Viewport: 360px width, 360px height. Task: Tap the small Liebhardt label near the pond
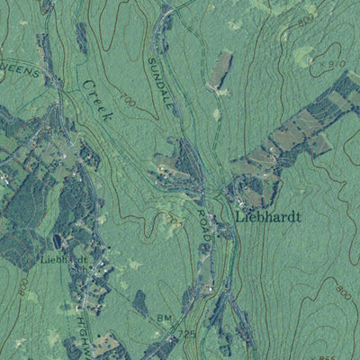tap(66, 261)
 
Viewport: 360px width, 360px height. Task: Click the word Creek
tap(98, 98)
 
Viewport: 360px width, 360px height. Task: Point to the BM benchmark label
tap(163, 318)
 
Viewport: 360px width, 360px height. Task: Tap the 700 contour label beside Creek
tap(127, 104)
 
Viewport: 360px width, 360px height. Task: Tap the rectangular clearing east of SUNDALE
tap(220, 70)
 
